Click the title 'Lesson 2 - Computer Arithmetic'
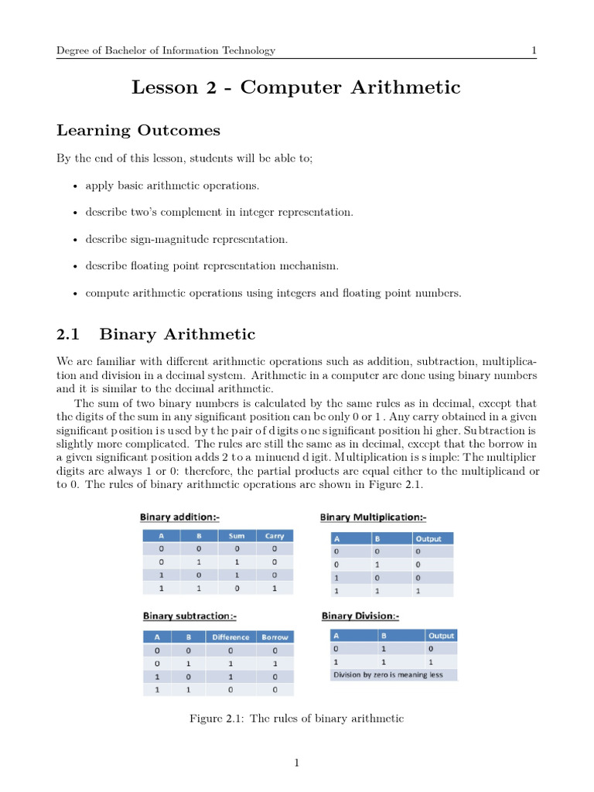coord(296,87)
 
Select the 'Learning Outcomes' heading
coord(138,130)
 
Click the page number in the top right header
coord(534,51)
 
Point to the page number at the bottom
coord(296,763)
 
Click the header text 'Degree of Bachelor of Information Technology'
coord(166,51)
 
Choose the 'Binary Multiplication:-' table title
coord(374,517)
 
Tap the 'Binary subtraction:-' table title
coord(189,616)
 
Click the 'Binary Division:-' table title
coord(360,616)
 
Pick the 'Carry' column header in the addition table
coord(275,535)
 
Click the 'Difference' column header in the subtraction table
coord(230,637)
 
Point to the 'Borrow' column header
coord(275,637)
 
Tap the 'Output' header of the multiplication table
coord(430,538)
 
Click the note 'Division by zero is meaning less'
coord(387,674)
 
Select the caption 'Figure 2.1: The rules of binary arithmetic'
coord(296,719)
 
